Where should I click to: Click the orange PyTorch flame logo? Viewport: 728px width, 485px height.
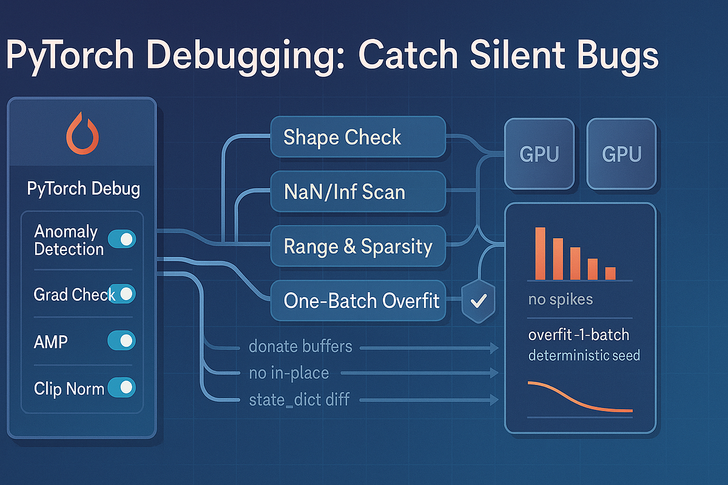[x=81, y=135]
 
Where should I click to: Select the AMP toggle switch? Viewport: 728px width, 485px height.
[x=121, y=341]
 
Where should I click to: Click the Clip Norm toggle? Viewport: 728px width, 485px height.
[x=121, y=387]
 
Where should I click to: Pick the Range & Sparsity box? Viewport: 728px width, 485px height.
[x=358, y=246]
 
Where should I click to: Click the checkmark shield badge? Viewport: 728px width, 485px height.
[x=479, y=301]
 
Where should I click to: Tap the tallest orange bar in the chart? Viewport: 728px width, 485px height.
[x=540, y=253]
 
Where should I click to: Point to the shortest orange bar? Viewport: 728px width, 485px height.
[x=610, y=273]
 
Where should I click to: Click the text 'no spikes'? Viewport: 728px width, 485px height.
[x=561, y=299]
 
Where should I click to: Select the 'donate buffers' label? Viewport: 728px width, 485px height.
[x=300, y=347]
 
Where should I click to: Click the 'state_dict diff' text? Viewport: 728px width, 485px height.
[x=299, y=400]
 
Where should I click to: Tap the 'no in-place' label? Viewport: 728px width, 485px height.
[x=289, y=373]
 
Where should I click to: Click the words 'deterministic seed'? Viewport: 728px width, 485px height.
[x=584, y=355]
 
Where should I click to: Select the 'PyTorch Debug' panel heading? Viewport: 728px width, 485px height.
[x=83, y=189]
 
